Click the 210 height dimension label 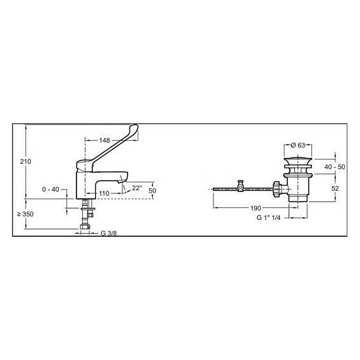26,162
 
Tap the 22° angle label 136,188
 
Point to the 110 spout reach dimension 104,193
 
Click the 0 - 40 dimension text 52,189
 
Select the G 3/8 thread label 108,233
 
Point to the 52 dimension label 336,188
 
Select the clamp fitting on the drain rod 240,187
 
